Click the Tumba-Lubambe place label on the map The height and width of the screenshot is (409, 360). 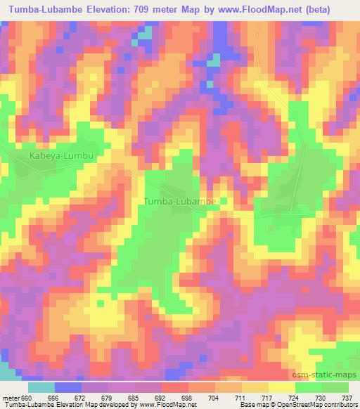179,202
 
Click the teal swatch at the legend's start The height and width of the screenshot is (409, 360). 41,387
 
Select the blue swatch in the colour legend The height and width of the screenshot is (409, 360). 68,387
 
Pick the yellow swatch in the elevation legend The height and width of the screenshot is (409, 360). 281,387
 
